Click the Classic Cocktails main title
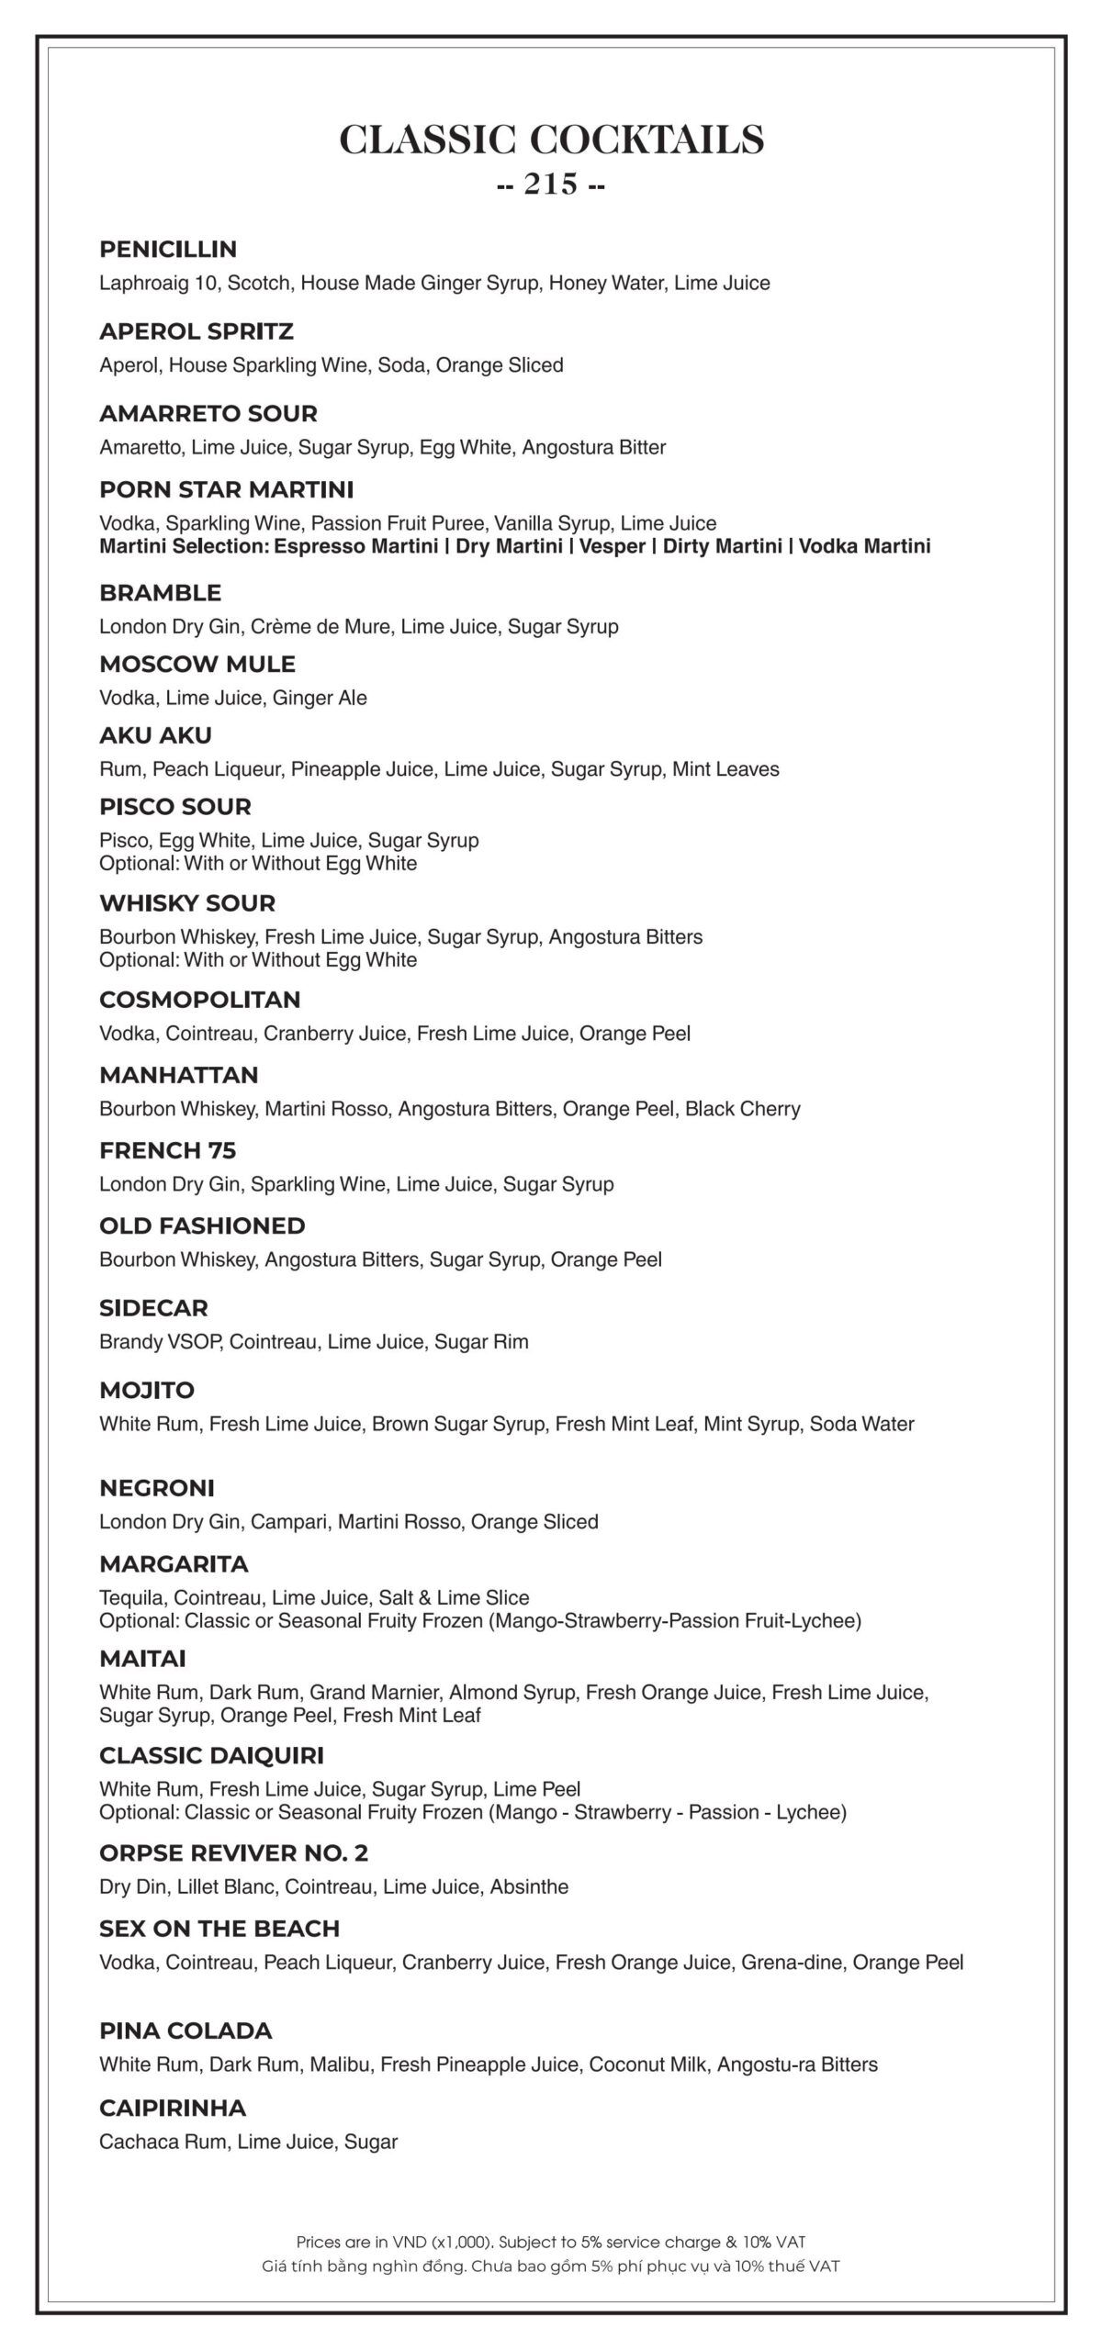tap(551, 140)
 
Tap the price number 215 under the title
tap(551, 185)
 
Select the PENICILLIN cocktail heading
tap(168, 250)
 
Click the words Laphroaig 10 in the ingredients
tap(158, 283)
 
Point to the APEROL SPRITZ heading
tap(197, 331)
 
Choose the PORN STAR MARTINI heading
tap(226, 489)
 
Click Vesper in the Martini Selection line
tap(612, 547)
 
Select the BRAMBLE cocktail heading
tap(161, 593)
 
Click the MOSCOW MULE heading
tap(197, 664)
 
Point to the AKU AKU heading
tap(155, 735)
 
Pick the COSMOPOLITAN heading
tap(200, 1000)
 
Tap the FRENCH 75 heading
tap(168, 1150)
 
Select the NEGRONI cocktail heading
tap(157, 1488)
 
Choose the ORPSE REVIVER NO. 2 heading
tap(233, 1853)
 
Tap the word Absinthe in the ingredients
tap(529, 1887)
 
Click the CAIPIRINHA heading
tap(173, 2108)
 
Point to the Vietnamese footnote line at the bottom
tap(551, 2266)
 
